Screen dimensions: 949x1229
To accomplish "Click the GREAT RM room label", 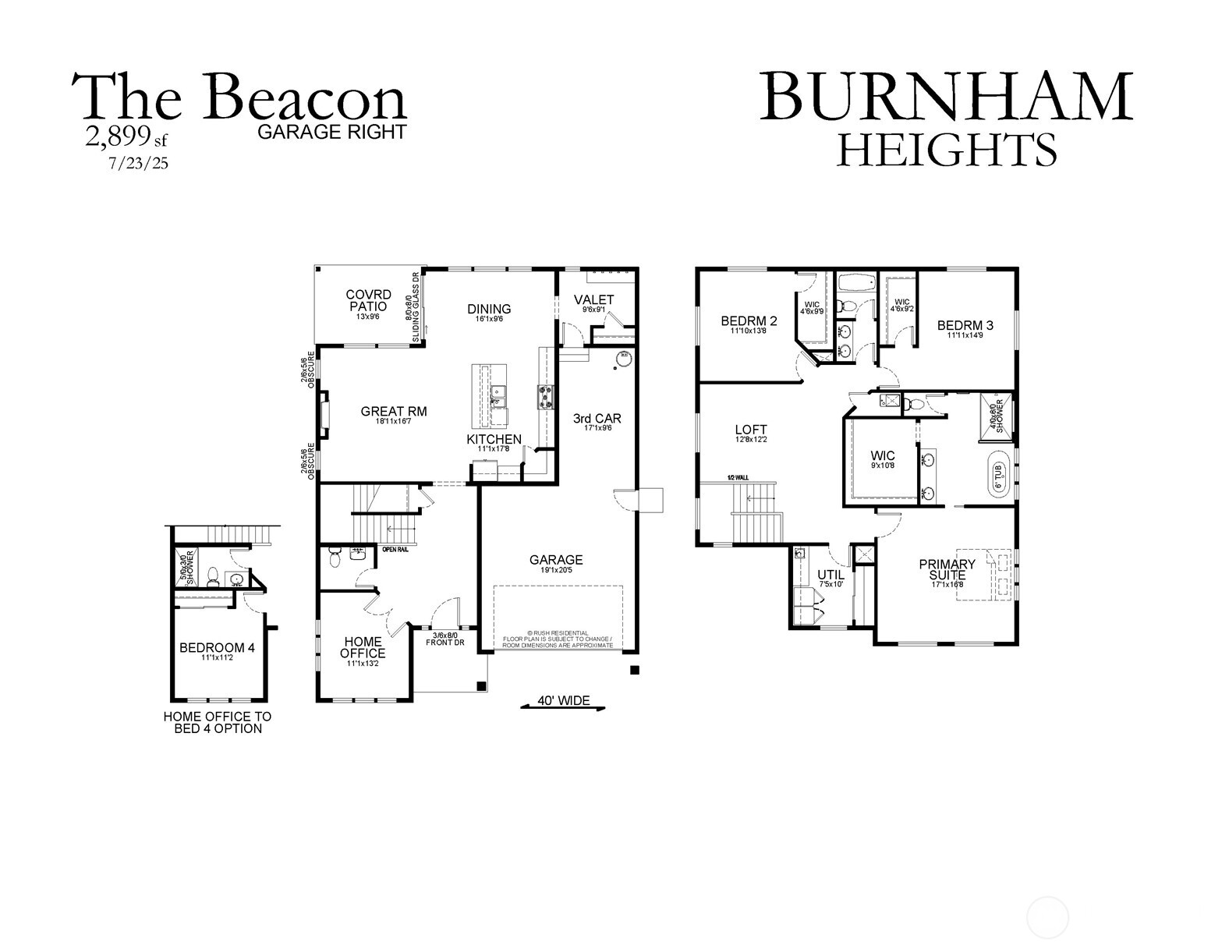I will pyautogui.click(x=393, y=412).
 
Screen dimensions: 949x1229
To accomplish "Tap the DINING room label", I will pyautogui.click(x=489, y=309).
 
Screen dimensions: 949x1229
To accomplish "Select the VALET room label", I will pyautogui.click(x=593, y=299).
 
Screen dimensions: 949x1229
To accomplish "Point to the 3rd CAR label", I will pyautogui.click(x=597, y=419).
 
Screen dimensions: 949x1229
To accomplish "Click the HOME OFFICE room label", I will pyautogui.click(x=364, y=647).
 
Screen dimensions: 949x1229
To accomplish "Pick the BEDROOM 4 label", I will pyautogui.click(x=217, y=647).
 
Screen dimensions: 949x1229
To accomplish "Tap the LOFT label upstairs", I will pyautogui.click(x=750, y=430).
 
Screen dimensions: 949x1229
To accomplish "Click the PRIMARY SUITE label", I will pyautogui.click(x=947, y=569).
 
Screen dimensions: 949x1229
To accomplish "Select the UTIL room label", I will pyautogui.click(x=831, y=575).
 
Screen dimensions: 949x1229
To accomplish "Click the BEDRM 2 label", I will pyautogui.click(x=749, y=320).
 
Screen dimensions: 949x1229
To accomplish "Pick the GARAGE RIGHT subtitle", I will pyautogui.click(x=331, y=132).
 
